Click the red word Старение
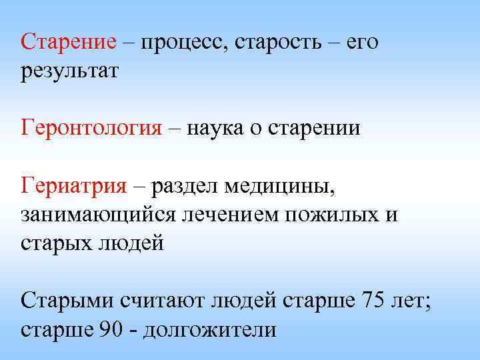point(69,42)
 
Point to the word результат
point(69,71)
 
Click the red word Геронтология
point(91,127)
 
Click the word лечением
point(229,214)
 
